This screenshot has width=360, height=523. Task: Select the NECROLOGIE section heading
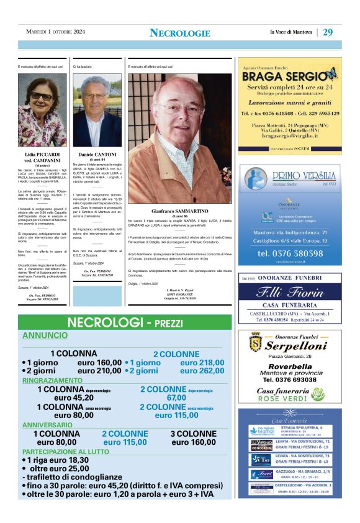pos(180,33)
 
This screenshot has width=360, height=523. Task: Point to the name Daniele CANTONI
pos(97,154)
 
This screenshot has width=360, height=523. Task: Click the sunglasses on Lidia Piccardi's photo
pos(42,96)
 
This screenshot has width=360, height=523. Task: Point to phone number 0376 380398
pos(290,253)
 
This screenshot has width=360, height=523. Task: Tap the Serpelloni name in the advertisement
pos(295,346)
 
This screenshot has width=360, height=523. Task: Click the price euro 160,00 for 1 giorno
pos(99,363)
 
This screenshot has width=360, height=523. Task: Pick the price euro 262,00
pos(202,371)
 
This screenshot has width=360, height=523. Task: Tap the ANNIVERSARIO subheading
pos(48,425)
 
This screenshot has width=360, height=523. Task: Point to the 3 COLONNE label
pos(193,434)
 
